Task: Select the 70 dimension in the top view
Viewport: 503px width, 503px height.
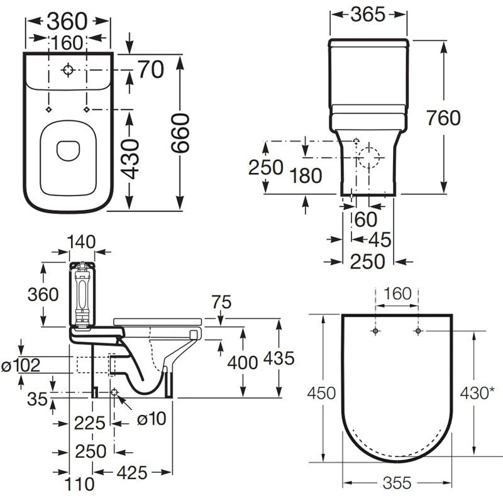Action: [x=151, y=69]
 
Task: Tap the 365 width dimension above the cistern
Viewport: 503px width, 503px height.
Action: [x=367, y=14]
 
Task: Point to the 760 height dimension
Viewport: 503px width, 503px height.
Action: [x=444, y=118]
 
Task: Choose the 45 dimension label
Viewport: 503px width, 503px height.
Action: [x=377, y=239]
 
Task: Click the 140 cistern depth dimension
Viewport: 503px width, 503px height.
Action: [x=82, y=241]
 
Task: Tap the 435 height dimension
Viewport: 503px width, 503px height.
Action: [x=278, y=359]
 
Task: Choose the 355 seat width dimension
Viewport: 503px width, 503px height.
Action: [x=397, y=483]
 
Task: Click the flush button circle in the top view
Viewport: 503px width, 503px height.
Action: [x=68, y=70]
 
